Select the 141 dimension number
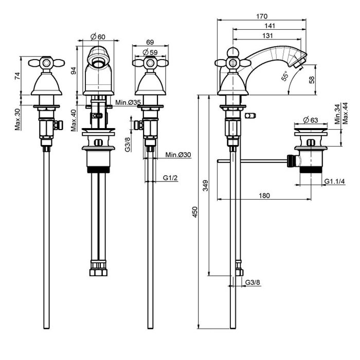pos(269,26)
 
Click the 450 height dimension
pos(194,212)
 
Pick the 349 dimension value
pos(205,185)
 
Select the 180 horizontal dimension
pos(263,195)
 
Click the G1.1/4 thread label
pos(335,181)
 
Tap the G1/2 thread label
pos(170,178)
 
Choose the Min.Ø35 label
pos(129,102)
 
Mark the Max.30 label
pos(17,120)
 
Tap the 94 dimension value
pos(74,70)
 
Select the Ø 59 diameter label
pos(150,52)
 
